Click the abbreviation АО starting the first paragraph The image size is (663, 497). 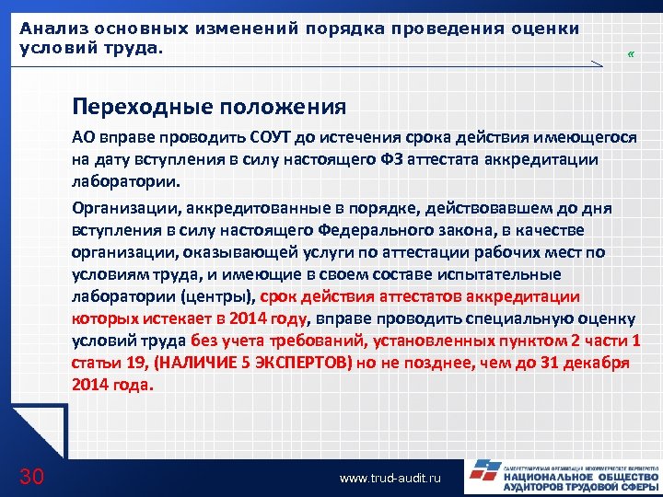[84, 138]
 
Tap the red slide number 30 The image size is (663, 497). [31, 476]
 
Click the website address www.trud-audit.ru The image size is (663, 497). [390, 479]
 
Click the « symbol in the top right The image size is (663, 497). [630, 53]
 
